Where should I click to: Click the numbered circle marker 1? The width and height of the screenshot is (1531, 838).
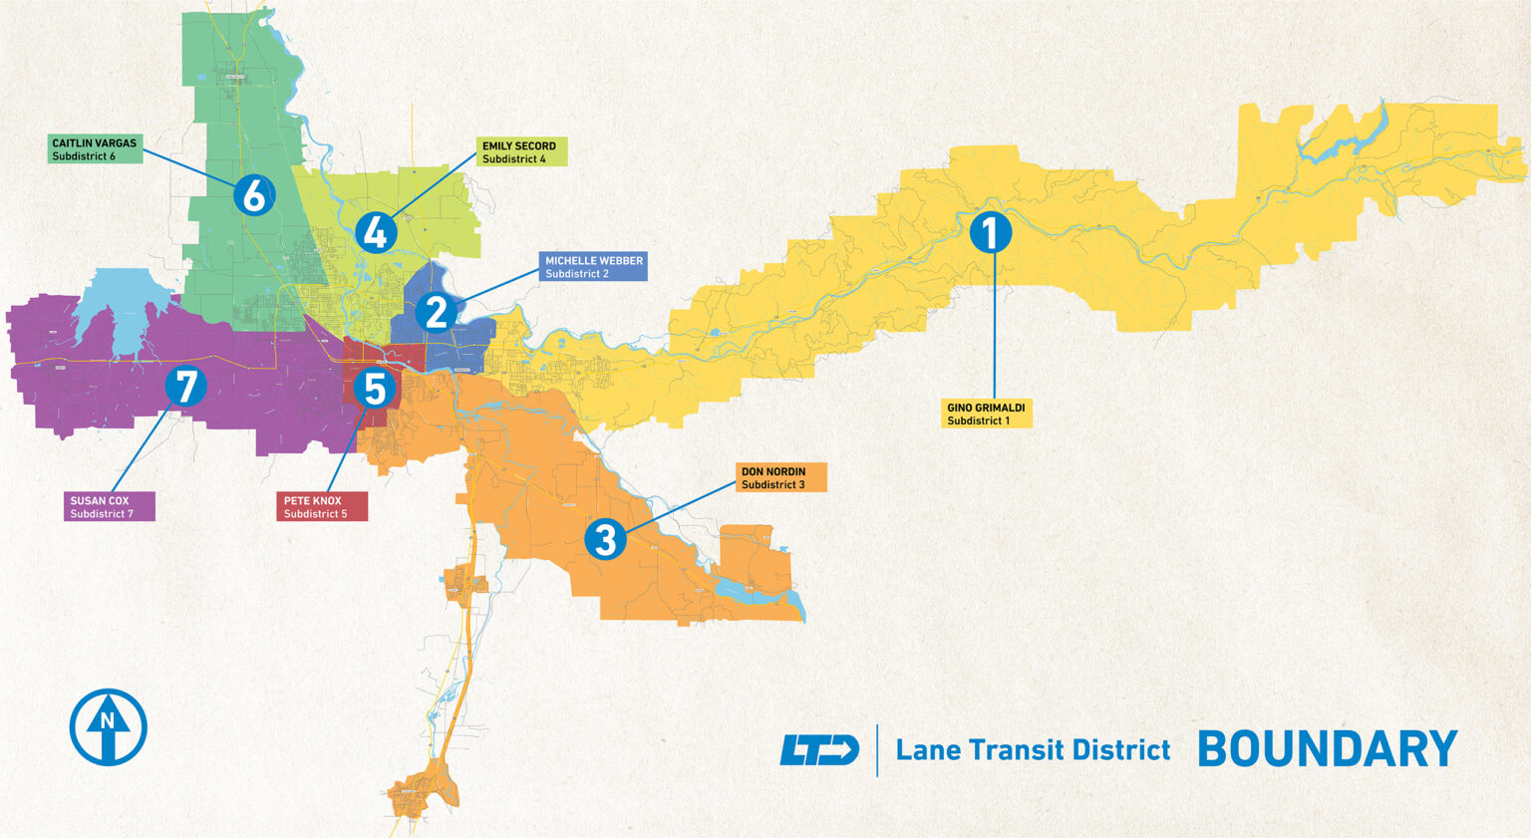click(x=991, y=232)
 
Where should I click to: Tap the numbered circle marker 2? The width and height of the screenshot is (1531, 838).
click(x=436, y=312)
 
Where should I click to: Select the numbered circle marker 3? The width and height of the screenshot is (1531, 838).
click(x=605, y=539)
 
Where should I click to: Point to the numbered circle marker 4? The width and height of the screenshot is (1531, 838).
click(x=376, y=232)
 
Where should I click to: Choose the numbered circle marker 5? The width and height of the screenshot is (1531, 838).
click(x=375, y=388)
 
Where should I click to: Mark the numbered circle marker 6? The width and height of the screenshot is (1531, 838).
click(x=254, y=195)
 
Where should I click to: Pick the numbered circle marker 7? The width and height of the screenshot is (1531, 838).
click(x=185, y=386)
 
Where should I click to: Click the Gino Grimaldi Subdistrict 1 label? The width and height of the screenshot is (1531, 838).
click(x=986, y=414)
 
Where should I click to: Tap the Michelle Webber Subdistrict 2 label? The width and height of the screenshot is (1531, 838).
click(x=593, y=266)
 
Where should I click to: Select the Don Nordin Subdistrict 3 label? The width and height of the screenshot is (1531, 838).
click(x=780, y=477)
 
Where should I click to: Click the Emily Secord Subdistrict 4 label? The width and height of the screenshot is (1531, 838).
click(x=521, y=151)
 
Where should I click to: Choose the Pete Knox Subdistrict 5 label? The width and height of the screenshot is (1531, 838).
click(x=321, y=506)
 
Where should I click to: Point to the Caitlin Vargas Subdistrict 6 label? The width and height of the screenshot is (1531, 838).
click(x=95, y=149)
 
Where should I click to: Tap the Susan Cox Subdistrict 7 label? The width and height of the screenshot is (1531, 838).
click(x=110, y=506)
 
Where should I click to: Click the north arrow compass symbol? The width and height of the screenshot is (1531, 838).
click(x=109, y=726)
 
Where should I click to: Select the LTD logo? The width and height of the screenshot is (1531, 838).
click(x=818, y=749)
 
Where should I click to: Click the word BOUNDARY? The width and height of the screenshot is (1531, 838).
click(x=1327, y=749)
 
